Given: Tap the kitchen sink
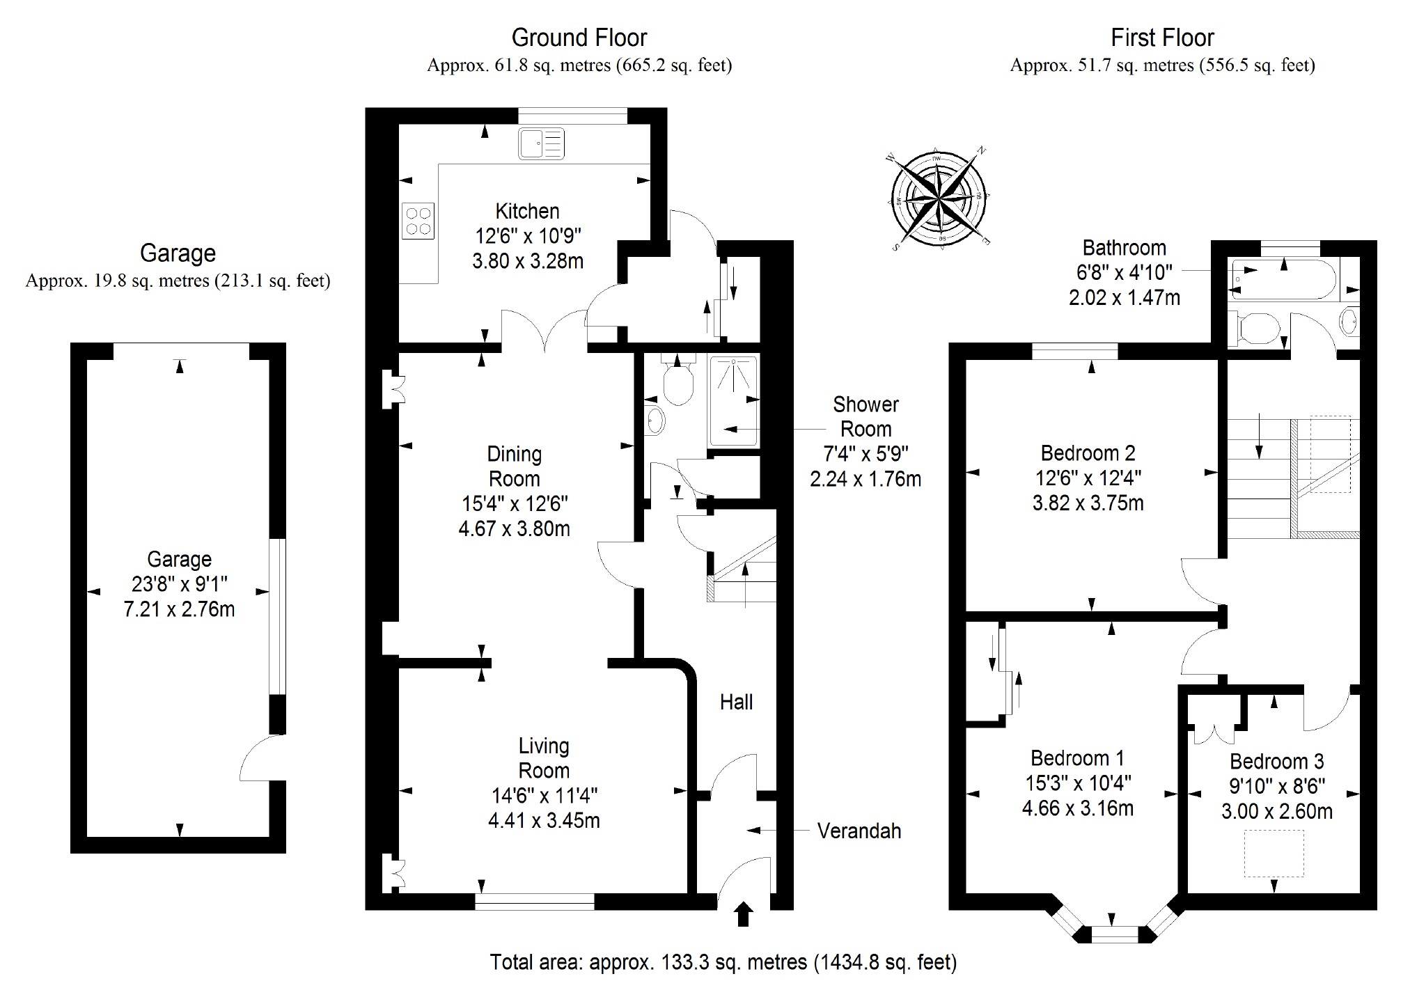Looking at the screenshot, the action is click(x=541, y=144).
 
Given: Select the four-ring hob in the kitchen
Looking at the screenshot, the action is click(x=418, y=220).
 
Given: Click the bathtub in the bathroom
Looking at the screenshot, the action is click(x=1284, y=279).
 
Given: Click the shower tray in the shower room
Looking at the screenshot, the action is click(x=733, y=400).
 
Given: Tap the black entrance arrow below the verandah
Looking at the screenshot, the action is click(x=744, y=913).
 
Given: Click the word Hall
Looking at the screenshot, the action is click(x=736, y=702).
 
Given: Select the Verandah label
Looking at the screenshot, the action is click(x=859, y=831).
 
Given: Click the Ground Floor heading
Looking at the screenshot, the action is click(x=579, y=38).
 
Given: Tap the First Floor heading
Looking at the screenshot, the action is click(x=1162, y=38).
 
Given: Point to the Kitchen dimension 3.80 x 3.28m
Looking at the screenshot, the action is click(x=527, y=261).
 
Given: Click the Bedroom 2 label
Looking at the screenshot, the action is click(x=1088, y=453).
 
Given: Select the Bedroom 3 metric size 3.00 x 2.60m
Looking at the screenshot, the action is click(x=1277, y=811).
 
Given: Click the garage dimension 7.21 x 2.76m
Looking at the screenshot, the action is click(x=179, y=609).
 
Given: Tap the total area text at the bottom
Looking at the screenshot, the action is click(x=723, y=961).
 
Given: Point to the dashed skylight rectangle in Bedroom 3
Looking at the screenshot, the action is click(x=1274, y=853).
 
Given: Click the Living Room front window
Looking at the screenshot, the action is click(x=535, y=902).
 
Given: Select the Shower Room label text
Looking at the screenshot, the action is click(x=865, y=416).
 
